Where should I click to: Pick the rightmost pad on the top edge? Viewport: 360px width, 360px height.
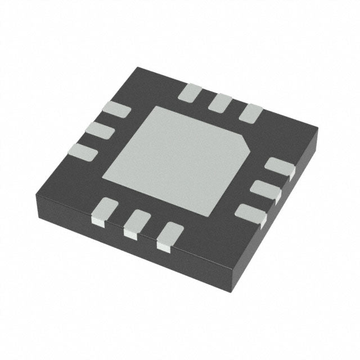250,113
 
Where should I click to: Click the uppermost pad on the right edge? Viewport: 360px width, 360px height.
280,167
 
